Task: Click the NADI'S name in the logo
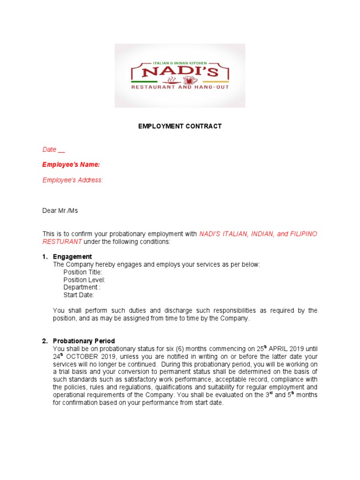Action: pos(180,72)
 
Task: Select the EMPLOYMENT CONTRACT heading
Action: pos(180,126)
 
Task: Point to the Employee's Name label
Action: pos(71,165)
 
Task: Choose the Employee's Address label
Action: pos(73,180)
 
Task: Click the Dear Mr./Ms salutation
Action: pos(60,210)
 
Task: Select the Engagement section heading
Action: pos(72,256)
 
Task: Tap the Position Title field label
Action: pos(82,272)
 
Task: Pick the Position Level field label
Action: pos(84,280)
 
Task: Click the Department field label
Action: pos(82,287)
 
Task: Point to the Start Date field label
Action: pos(79,295)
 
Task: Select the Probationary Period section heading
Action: pos(84,341)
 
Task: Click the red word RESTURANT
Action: pos(62,241)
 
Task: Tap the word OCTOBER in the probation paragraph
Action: pos(80,356)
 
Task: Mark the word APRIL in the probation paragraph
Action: pos(280,348)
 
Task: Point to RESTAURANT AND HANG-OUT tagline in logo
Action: pos(180,88)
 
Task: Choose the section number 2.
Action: pos(45,341)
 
